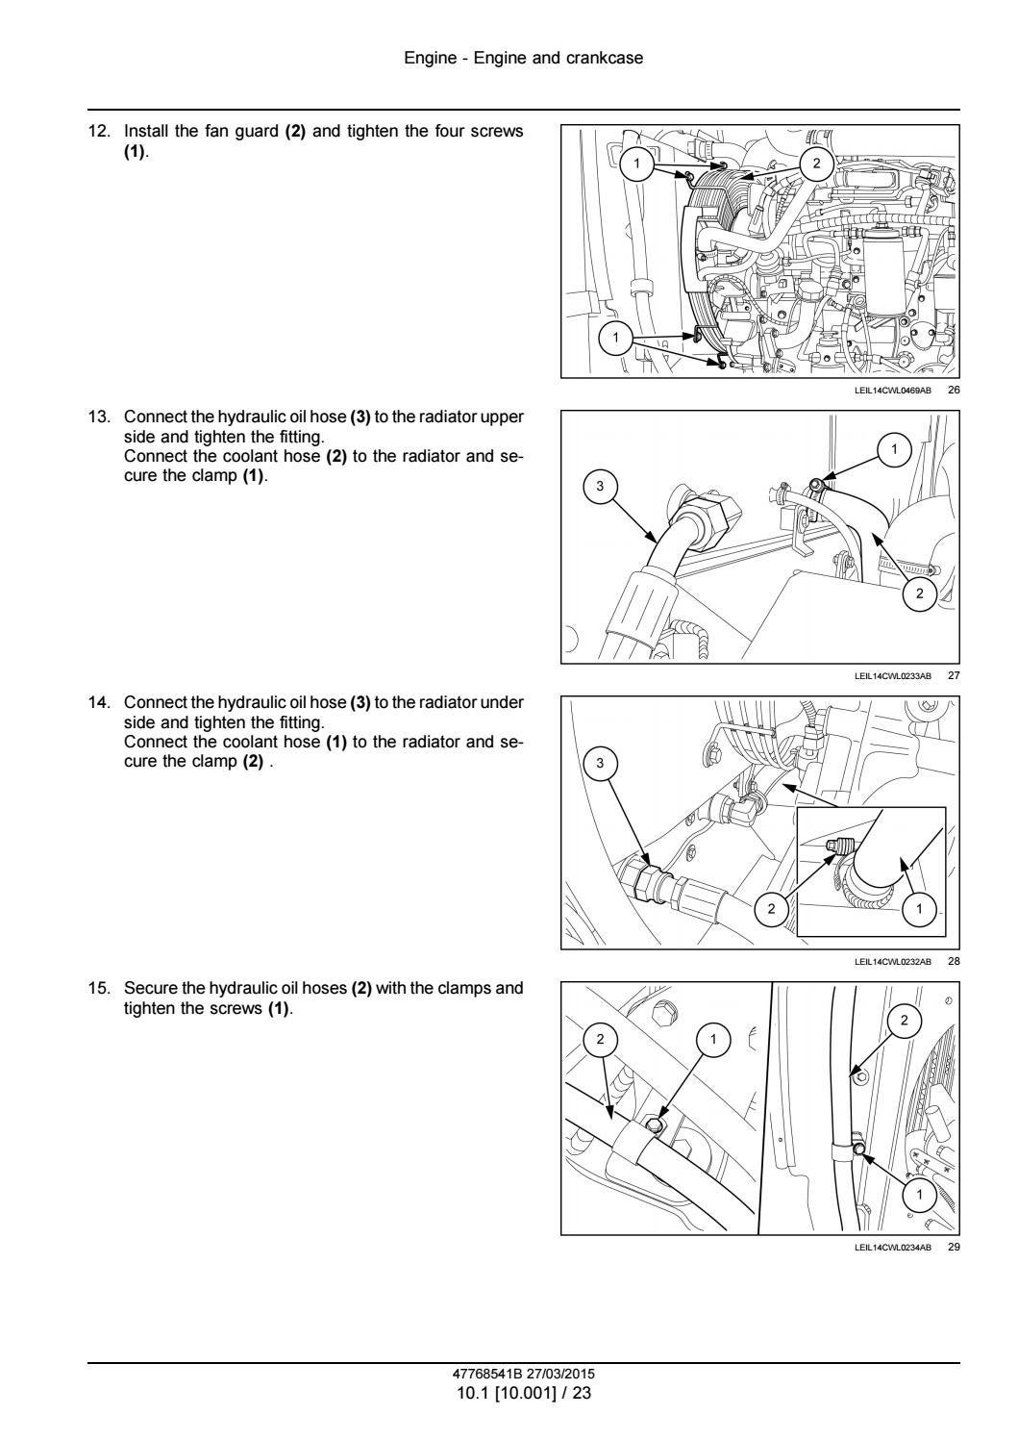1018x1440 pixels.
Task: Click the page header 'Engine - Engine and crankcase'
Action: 523,59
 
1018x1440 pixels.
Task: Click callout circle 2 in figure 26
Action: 816,164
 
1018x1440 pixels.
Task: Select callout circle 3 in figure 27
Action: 601,487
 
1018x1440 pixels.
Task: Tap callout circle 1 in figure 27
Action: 894,449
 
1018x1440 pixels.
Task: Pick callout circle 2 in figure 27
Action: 919,594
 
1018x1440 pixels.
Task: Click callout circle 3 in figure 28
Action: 601,764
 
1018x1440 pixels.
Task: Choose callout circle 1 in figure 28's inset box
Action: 919,908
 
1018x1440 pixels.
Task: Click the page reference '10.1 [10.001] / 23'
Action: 523,1392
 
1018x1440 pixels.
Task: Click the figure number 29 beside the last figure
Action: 954,1248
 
